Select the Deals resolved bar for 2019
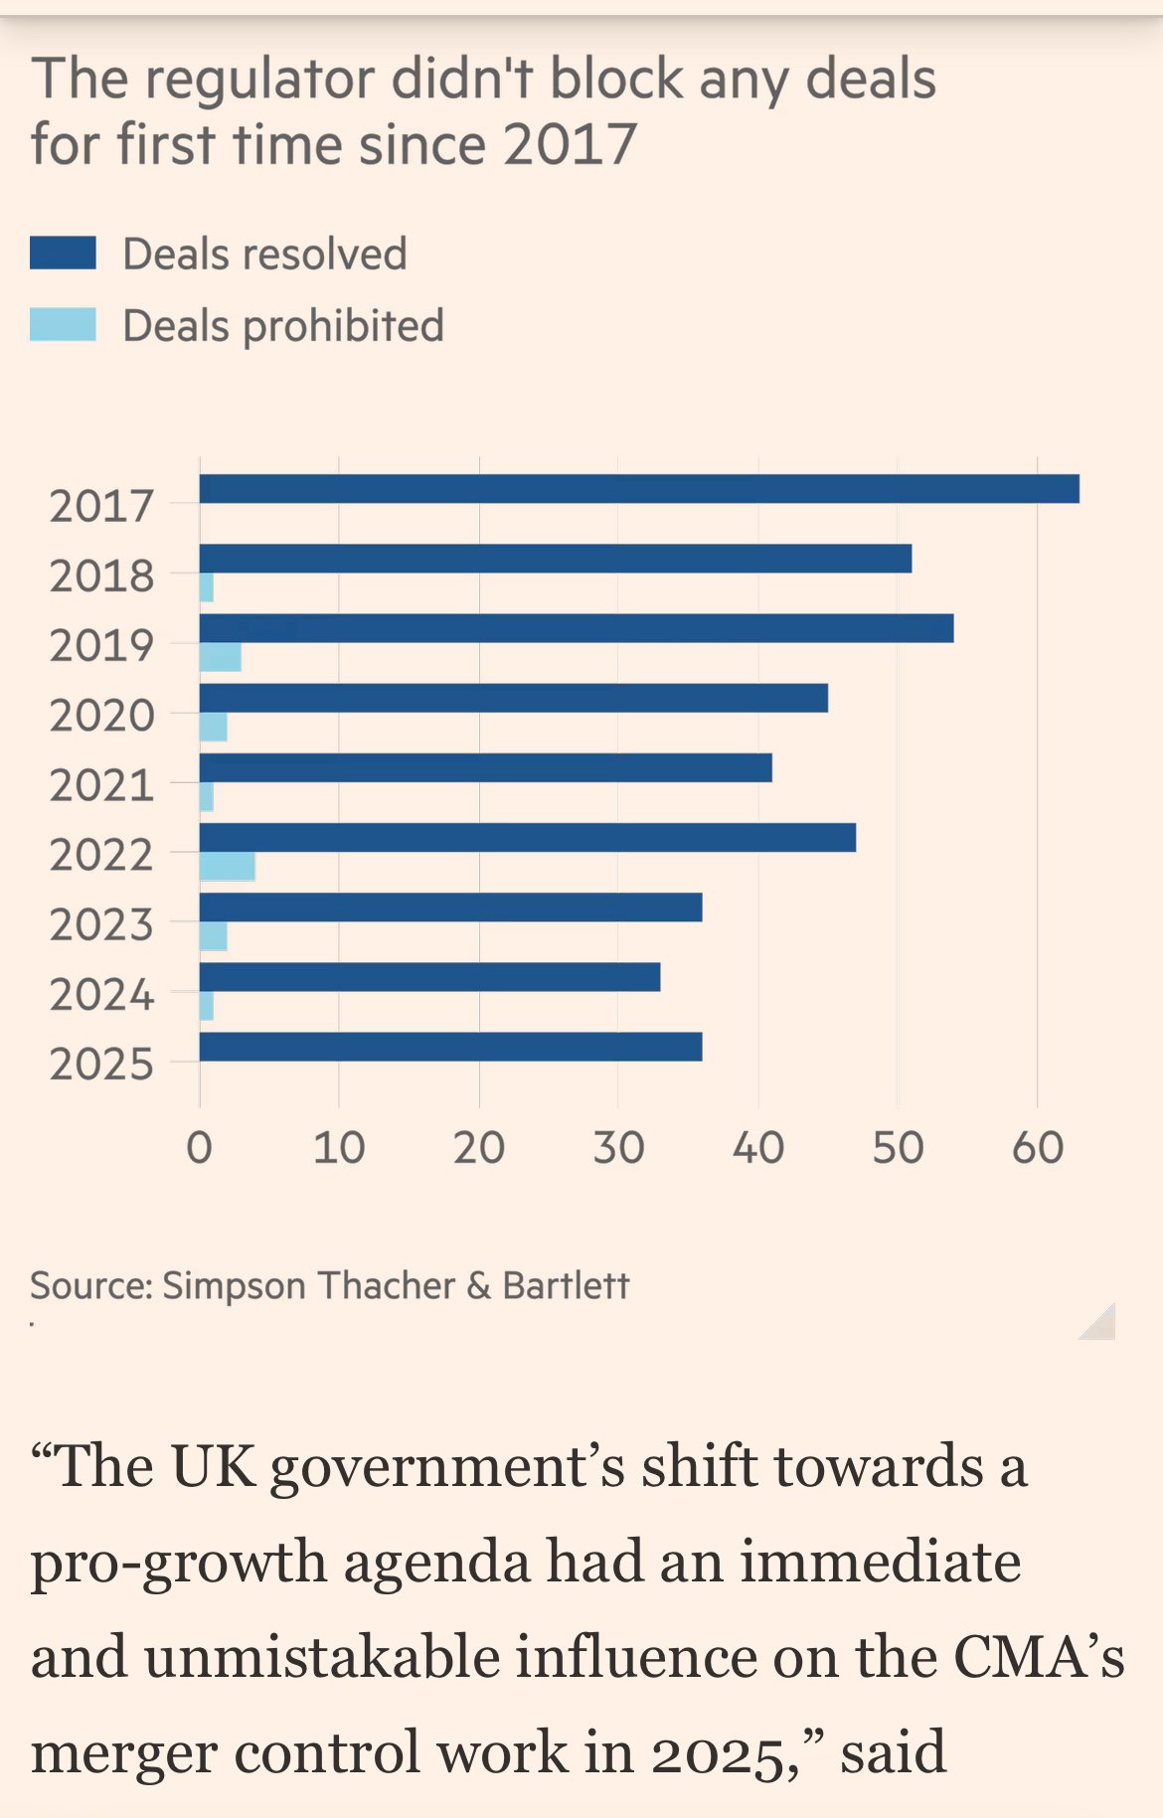[x=577, y=628]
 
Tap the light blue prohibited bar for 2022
[x=228, y=867]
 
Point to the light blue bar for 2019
[x=221, y=657]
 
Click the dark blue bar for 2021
[x=485, y=767]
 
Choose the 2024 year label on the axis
[x=101, y=994]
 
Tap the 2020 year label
[x=101, y=716]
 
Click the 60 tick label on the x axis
[x=1038, y=1148]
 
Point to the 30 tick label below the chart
[x=618, y=1148]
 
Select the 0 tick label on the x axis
[x=199, y=1148]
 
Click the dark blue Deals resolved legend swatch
[x=63, y=253]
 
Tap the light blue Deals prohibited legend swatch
[x=63, y=325]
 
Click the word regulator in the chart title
[x=260, y=80]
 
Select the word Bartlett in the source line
[x=566, y=1285]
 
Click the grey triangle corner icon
[x=1100, y=1324]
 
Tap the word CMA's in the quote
[x=1039, y=1657]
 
